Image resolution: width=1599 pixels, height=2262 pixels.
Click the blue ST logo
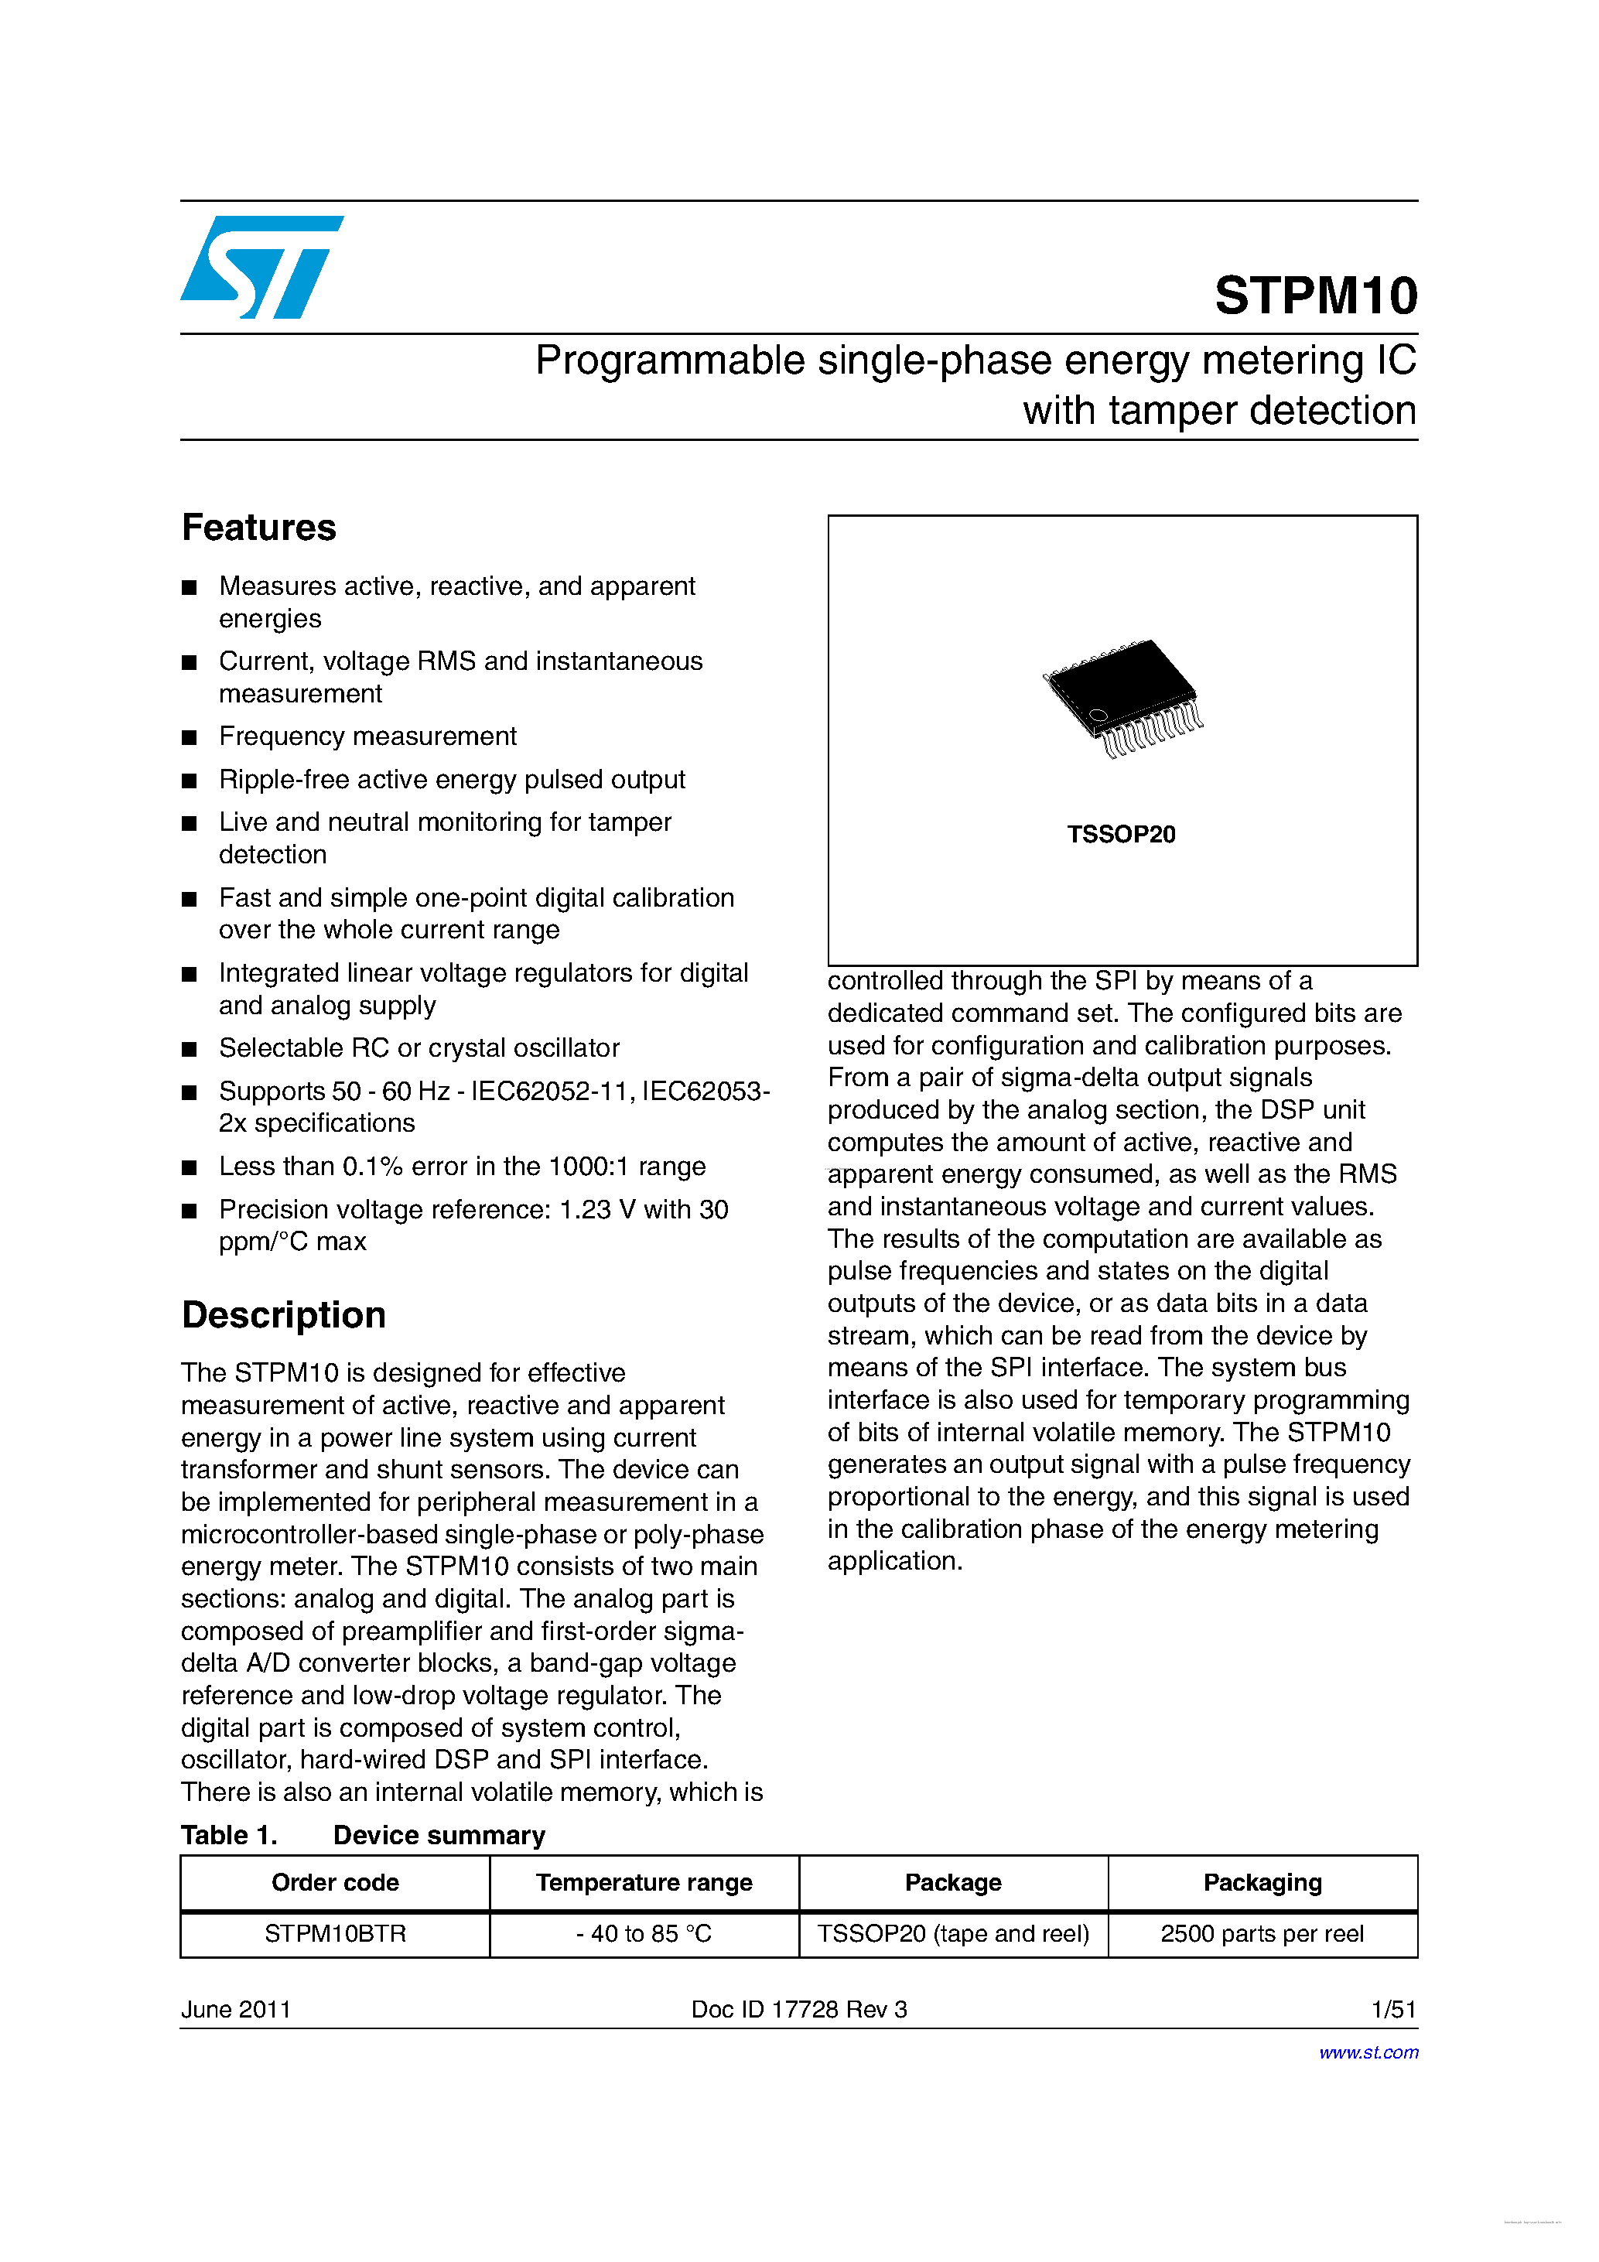(261, 267)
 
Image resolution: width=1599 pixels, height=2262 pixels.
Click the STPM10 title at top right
(1315, 296)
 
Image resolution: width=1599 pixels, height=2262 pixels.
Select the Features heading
(259, 528)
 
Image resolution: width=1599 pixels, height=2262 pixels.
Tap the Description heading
(284, 1315)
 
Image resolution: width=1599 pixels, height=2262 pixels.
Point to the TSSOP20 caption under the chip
(1121, 835)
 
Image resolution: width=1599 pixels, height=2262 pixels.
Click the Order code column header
(335, 1883)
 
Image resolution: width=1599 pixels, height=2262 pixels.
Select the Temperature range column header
(644, 1883)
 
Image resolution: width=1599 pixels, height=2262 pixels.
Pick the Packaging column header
(1262, 1883)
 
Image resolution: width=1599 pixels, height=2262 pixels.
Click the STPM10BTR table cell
(335, 1934)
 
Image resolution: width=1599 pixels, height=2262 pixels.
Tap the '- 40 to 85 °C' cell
(644, 1934)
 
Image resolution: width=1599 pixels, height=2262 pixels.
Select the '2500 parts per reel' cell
(1262, 1934)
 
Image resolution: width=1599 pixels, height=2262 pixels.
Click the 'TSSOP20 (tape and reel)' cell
(953, 1934)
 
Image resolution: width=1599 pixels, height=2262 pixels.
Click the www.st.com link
(1368, 2052)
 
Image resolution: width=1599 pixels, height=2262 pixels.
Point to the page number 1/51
(1393, 2010)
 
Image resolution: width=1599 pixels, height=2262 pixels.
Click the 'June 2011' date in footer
(237, 2010)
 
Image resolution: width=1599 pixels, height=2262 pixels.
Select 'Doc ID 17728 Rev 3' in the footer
(799, 2010)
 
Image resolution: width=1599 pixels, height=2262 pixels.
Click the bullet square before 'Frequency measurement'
(190, 738)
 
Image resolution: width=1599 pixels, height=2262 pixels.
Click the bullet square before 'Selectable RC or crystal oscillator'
(190, 1049)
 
